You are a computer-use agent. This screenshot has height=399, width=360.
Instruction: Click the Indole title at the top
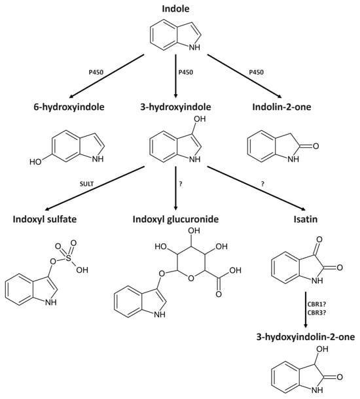click(179, 9)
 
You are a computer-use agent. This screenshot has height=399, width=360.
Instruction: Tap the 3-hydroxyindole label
click(179, 106)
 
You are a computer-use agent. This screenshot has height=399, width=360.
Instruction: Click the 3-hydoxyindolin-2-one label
click(306, 338)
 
